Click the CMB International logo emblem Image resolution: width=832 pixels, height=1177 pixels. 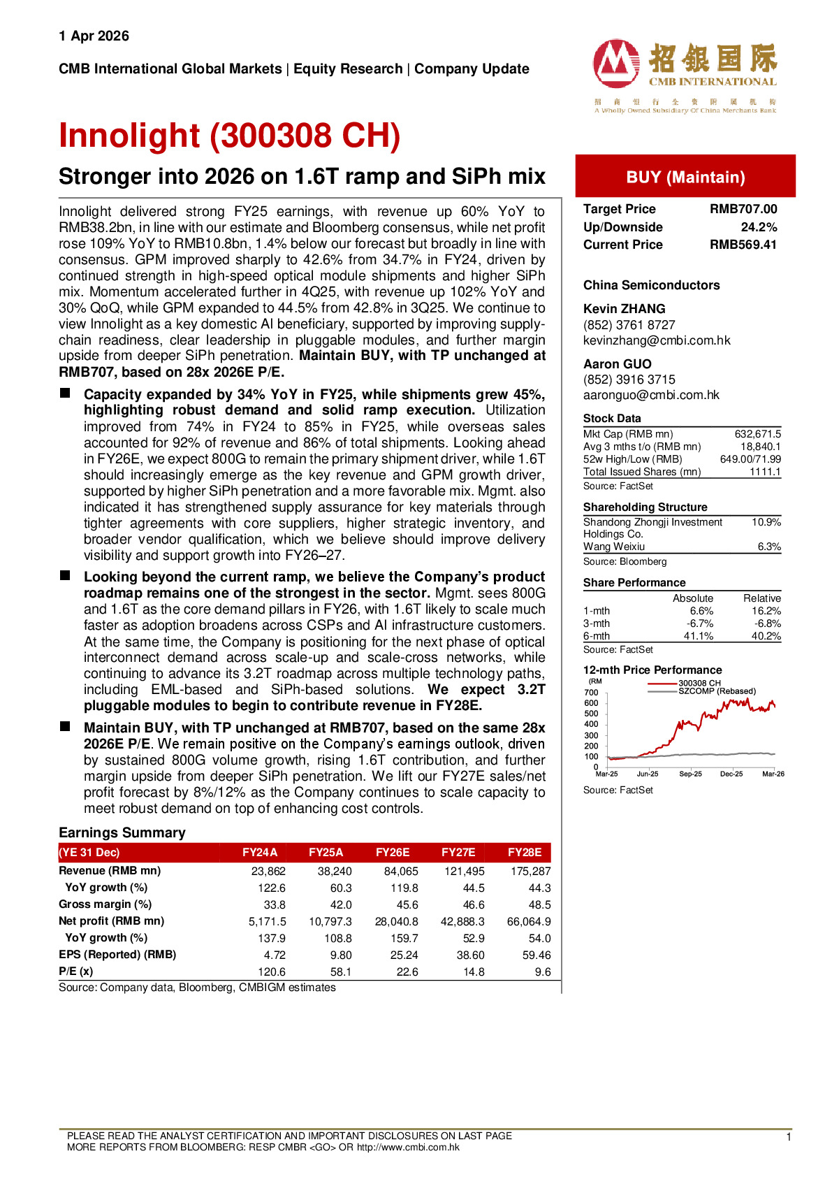tap(615, 63)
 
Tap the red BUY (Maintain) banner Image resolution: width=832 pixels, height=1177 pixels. tap(685, 177)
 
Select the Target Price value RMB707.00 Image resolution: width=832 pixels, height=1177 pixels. tap(743, 209)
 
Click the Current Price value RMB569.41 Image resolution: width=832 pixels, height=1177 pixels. tap(743, 245)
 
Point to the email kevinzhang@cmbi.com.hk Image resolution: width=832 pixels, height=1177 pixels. tap(657, 340)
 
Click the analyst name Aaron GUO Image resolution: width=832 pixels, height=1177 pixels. tap(618, 364)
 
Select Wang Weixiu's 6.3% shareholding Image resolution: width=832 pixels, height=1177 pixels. tap(769, 547)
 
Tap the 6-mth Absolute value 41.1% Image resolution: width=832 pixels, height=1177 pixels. tap(698, 636)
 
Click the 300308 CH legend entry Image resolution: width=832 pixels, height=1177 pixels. tap(699, 683)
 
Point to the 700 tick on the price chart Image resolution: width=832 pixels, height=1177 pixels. tap(591, 693)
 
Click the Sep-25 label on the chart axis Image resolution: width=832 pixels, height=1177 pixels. tap(690, 774)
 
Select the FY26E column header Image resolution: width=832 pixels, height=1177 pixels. tap(393, 853)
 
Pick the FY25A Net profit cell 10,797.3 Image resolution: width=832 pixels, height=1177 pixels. tap(330, 922)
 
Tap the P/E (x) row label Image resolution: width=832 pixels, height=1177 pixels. tap(76, 972)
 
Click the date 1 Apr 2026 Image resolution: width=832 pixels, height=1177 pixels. tap(94, 36)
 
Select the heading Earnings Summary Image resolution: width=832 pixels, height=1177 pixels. tap(122, 832)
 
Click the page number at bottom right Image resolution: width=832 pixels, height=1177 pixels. tap(789, 1137)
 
